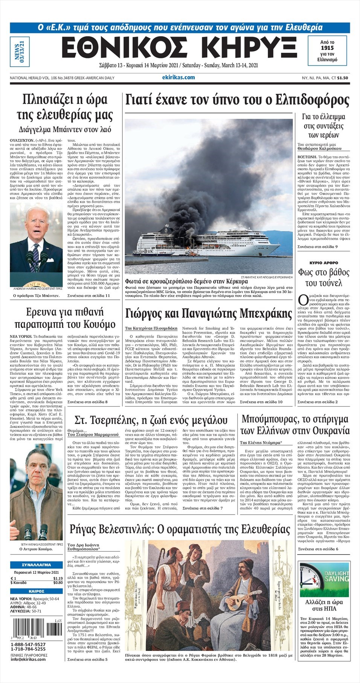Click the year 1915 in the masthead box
coord(327,48)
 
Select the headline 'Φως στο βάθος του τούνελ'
coord(324,277)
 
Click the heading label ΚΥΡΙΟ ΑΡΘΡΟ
coord(324,263)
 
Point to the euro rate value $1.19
coord(58,578)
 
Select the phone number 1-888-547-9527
coord(28,645)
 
